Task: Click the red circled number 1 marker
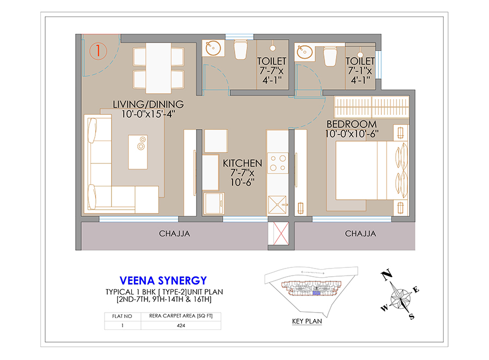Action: pos(98,51)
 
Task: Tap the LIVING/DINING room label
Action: pos(148,104)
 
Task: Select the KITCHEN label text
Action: pos(242,163)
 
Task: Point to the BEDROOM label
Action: pos(351,124)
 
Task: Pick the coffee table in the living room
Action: pos(138,152)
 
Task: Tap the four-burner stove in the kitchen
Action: pos(278,163)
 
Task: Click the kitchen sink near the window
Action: pos(277,205)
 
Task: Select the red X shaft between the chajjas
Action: pos(280,233)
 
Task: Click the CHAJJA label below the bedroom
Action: pos(360,234)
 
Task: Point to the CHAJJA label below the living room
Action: pos(174,234)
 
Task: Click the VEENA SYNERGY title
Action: pos(163,281)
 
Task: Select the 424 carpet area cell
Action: pos(181,325)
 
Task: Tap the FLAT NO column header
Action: pos(122,316)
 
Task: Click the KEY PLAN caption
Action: pos(307,321)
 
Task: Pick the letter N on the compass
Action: pos(387,275)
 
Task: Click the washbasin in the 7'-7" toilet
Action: pos(213,48)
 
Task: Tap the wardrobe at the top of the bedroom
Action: pos(371,107)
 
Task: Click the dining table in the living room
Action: pos(158,68)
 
